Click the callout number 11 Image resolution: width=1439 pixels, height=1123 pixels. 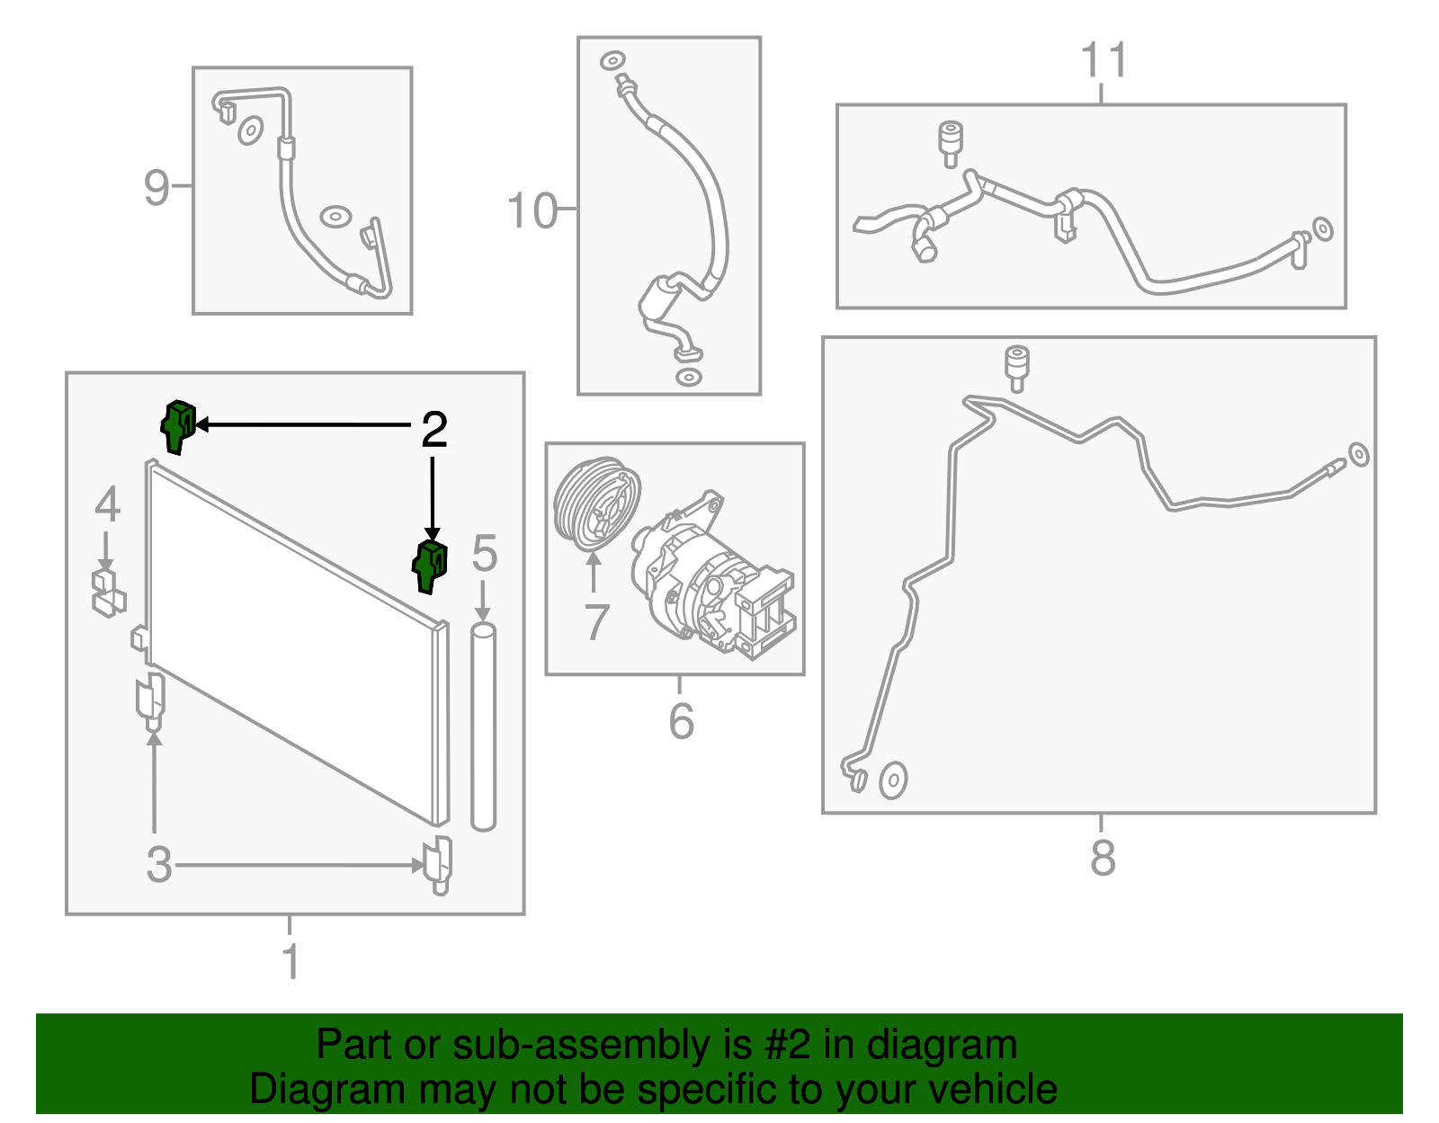pyautogui.click(x=1103, y=61)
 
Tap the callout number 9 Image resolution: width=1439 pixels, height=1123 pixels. pyautogui.click(x=156, y=188)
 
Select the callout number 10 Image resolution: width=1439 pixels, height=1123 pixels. pyautogui.click(x=532, y=211)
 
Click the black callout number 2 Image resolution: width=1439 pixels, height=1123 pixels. pyautogui.click(x=434, y=431)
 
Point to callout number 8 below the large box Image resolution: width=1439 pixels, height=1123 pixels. pyautogui.click(x=1103, y=858)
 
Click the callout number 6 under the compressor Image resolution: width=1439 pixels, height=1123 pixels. pyautogui.click(x=681, y=721)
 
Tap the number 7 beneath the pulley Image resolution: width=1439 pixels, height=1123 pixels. pyautogui.click(x=596, y=622)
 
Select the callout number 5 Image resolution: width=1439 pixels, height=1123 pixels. pyautogui.click(x=484, y=554)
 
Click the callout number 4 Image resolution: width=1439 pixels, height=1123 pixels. pyautogui.click(x=107, y=504)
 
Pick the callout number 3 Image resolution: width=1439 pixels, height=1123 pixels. pyautogui.click(x=159, y=865)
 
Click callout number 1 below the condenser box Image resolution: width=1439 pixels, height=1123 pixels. pyautogui.click(x=290, y=961)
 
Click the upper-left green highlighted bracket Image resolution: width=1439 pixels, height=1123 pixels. pyautogui.click(x=177, y=426)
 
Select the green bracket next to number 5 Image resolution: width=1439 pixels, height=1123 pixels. pyautogui.click(x=430, y=566)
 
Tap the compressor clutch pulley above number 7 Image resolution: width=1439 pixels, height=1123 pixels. pyautogui.click(x=596, y=505)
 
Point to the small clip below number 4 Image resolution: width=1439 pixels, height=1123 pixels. pyautogui.click(x=108, y=593)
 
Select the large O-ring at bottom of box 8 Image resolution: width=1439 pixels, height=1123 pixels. pyautogui.click(x=892, y=780)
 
